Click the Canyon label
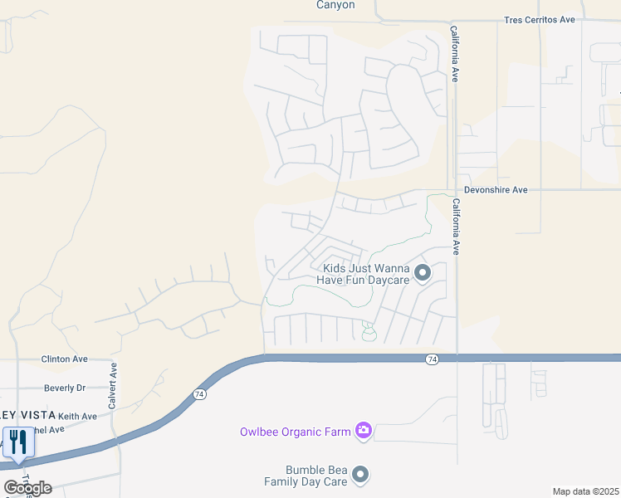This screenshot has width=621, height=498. [335, 5]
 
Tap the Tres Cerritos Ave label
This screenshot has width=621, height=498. [540, 20]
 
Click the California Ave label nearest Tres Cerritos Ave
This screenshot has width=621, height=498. [455, 53]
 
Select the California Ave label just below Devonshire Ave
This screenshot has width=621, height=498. [456, 227]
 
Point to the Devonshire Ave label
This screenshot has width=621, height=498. [496, 190]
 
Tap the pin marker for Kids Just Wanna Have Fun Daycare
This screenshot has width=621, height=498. [423, 272]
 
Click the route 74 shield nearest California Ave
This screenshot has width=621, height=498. [432, 359]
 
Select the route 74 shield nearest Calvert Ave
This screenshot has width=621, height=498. [199, 395]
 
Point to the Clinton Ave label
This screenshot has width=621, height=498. [65, 359]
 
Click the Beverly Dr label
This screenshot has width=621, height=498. [65, 388]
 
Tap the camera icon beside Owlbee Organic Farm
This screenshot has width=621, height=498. [363, 429]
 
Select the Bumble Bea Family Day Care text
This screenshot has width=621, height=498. [305, 476]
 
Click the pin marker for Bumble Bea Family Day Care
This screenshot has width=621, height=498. [360, 475]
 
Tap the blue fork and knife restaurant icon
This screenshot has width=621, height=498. [17, 442]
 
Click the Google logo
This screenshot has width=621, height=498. [28, 488]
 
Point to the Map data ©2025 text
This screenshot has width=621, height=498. [585, 491]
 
